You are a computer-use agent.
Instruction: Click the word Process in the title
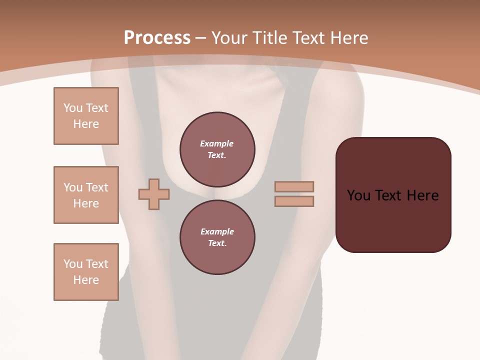coord(157,37)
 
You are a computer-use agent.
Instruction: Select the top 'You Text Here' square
coord(86,116)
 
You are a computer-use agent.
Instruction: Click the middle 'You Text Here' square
coord(86,195)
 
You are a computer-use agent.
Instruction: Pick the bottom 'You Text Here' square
coord(86,272)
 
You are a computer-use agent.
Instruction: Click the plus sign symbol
coord(154,194)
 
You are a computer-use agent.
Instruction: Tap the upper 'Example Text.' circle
coord(217,149)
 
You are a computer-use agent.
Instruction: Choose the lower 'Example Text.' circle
coord(217,237)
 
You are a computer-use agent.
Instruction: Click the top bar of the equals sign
coord(294,186)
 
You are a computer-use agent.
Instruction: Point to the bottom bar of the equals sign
coord(294,201)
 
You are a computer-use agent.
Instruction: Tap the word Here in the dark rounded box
coord(422,195)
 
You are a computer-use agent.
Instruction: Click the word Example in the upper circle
coord(217,143)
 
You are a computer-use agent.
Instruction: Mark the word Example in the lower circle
coord(217,231)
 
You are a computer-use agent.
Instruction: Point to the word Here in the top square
coord(86,124)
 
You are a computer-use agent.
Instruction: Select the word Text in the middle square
coord(96,187)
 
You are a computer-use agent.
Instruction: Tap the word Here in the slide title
coord(348,37)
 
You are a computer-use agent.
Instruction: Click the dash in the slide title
coord(201,38)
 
